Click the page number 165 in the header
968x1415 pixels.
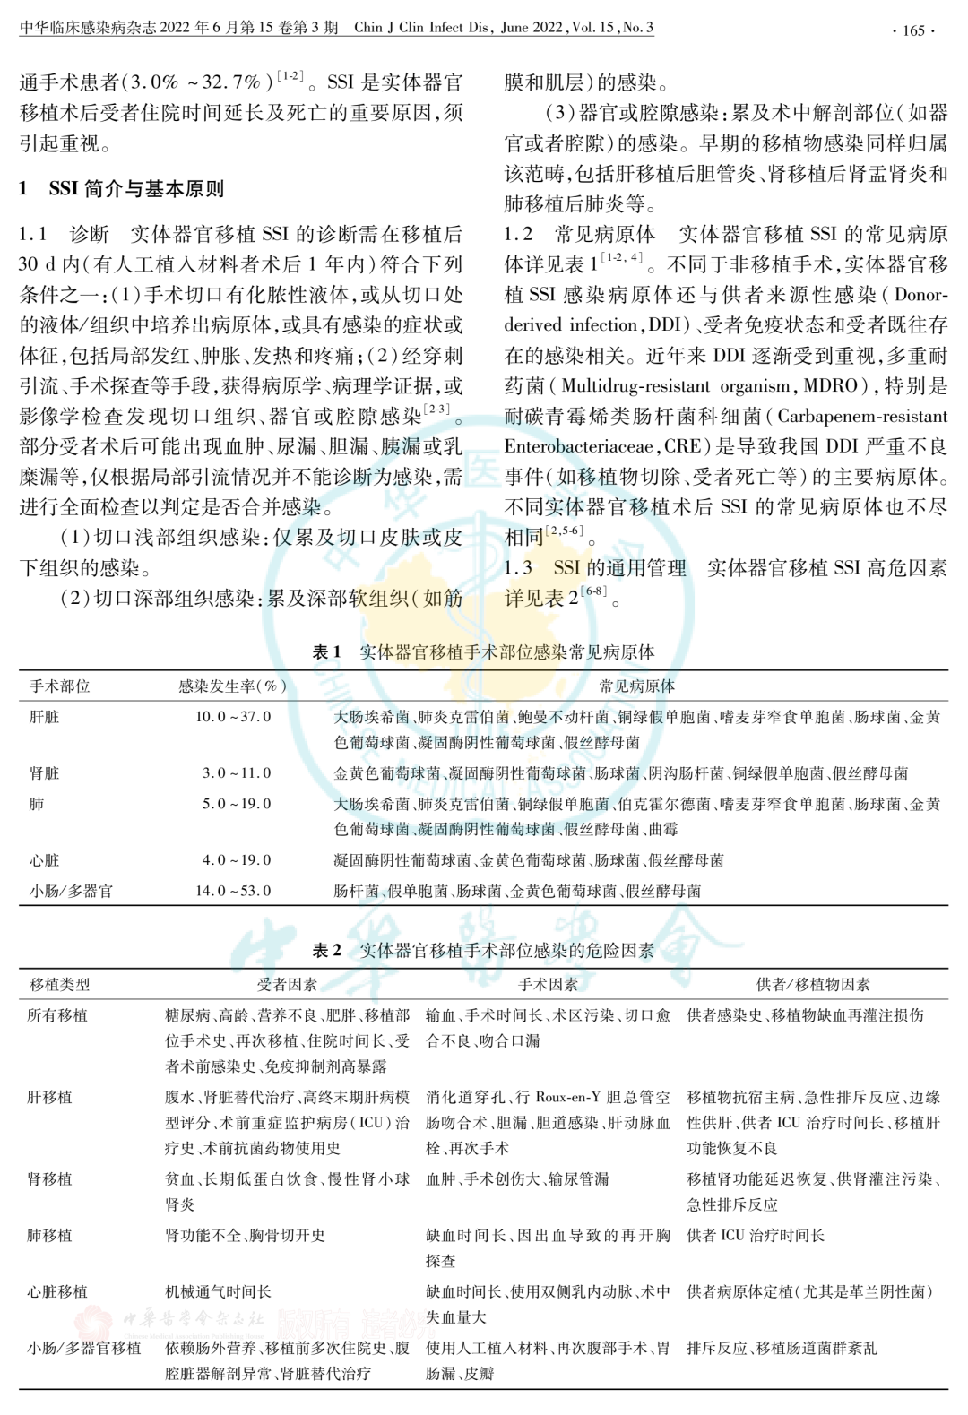tap(913, 30)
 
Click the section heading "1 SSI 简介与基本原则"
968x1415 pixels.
tap(122, 189)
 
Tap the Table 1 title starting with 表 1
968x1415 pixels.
tap(483, 652)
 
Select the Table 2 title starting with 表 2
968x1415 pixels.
tap(483, 950)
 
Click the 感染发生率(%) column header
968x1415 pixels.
tap(232, 686)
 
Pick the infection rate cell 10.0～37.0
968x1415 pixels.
tap(233, 717)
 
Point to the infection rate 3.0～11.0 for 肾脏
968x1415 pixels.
tap(236, 773)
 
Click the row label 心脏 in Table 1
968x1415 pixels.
tap(45, 860)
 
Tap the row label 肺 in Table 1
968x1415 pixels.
tap(37, 804)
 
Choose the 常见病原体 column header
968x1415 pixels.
tap(637, 686)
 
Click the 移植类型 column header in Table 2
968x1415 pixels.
tap(59, 984)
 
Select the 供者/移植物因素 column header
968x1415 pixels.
tap(813, 984)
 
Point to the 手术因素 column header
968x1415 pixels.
tap(548, 984)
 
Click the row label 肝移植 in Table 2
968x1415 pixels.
tap(50, 1097)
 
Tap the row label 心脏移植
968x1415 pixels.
tap(57, 1291)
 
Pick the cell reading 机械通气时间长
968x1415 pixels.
tap(219, 1291)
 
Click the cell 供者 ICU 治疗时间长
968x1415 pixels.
tap(756, 1235)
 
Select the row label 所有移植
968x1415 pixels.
tap(57, 1015)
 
